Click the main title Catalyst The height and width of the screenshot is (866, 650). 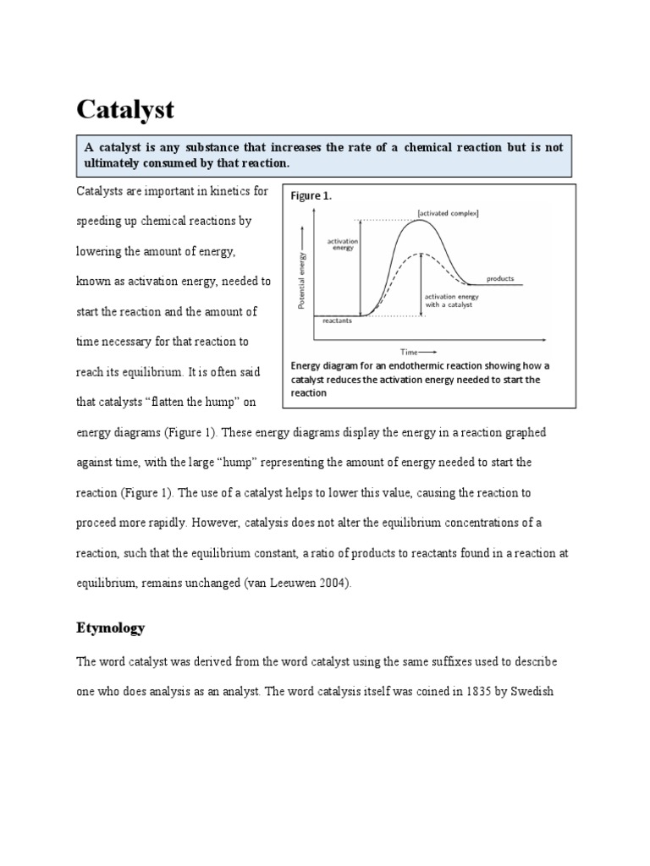(x=126, y=109)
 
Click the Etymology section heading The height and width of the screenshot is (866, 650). (x=111, y=628)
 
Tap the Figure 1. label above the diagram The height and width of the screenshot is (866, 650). (x=311, y=195)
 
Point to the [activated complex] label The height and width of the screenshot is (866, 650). (x=448, y=213)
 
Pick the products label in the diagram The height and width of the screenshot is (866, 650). (x=499, y=278)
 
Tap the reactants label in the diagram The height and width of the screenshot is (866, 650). (x=338, y=321)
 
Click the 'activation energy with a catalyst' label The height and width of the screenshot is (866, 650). (x=451, y=301)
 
